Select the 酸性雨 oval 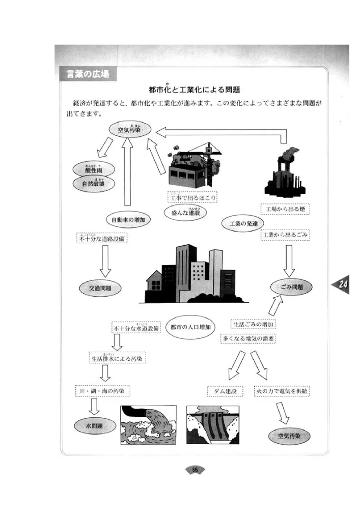pos(94,170)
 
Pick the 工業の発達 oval pos(243,223)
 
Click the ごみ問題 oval pos(291,286)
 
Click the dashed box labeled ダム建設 pos(225,391)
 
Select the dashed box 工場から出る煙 pos(285,209)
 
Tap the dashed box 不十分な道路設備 pos(103,239)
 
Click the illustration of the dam pos(212,424)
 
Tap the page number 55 pos(195,470)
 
